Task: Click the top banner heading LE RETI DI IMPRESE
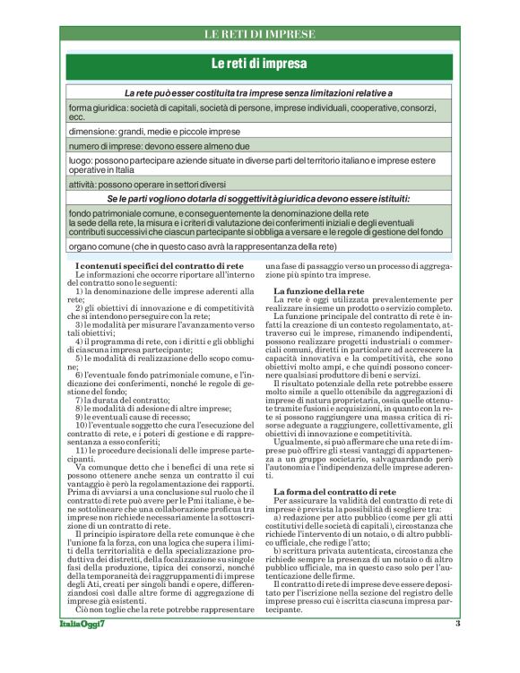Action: pos(259,34)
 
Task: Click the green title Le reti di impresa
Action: pos(259,65)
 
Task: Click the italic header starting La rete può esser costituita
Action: pos(259,92)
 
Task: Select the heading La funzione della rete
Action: pos(317,291)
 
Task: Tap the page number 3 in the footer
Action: pos(456,650)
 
